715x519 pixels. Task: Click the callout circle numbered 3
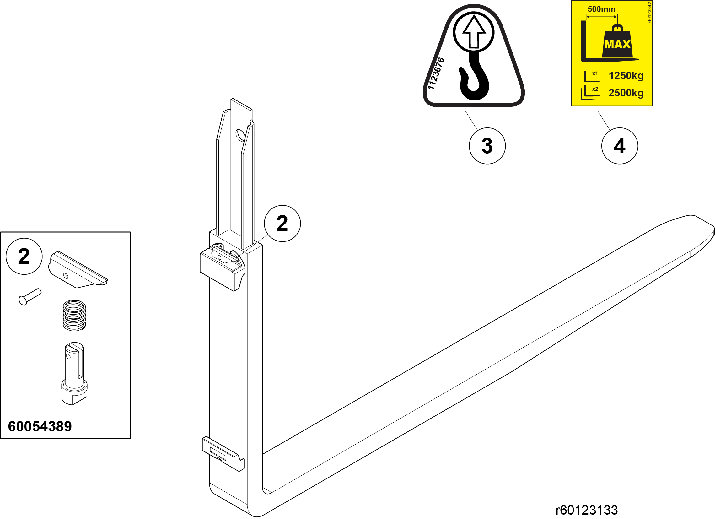pyautogui.click(x=487, y=146)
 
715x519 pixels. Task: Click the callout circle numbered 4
pyautogui.click(x=620, y=146)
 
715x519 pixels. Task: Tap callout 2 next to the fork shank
pyautogui.click(x=282, y=224)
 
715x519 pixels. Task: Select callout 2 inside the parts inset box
pyautogui.click(x=24, y=256)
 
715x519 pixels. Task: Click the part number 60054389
pyautogui.click(x=40, y=426)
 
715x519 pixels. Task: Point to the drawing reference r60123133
pyautogui.click(x=587, y=510)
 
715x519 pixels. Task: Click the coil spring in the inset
pyautogui.click(x=74, y=315)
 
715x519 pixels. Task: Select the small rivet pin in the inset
pyautogui.click(x=30, y=297)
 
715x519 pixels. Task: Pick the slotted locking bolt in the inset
pyautogui.click(x=74, y=373)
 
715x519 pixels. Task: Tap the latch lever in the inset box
pyautogui.click(x=78, y=270)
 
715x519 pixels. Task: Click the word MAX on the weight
pyautogui.click(x=617, y=44)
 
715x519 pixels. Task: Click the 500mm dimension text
pyautogui.click(x=601, y=9)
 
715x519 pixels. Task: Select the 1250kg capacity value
pyautogui.click(x=626, y=76)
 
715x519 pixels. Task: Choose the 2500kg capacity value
pyautogui.click(x=626, y=93)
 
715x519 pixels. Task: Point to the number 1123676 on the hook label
pyautogui.click(x=436, y=73)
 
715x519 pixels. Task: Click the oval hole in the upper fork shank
pyautogui.click(x=240, y=136)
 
